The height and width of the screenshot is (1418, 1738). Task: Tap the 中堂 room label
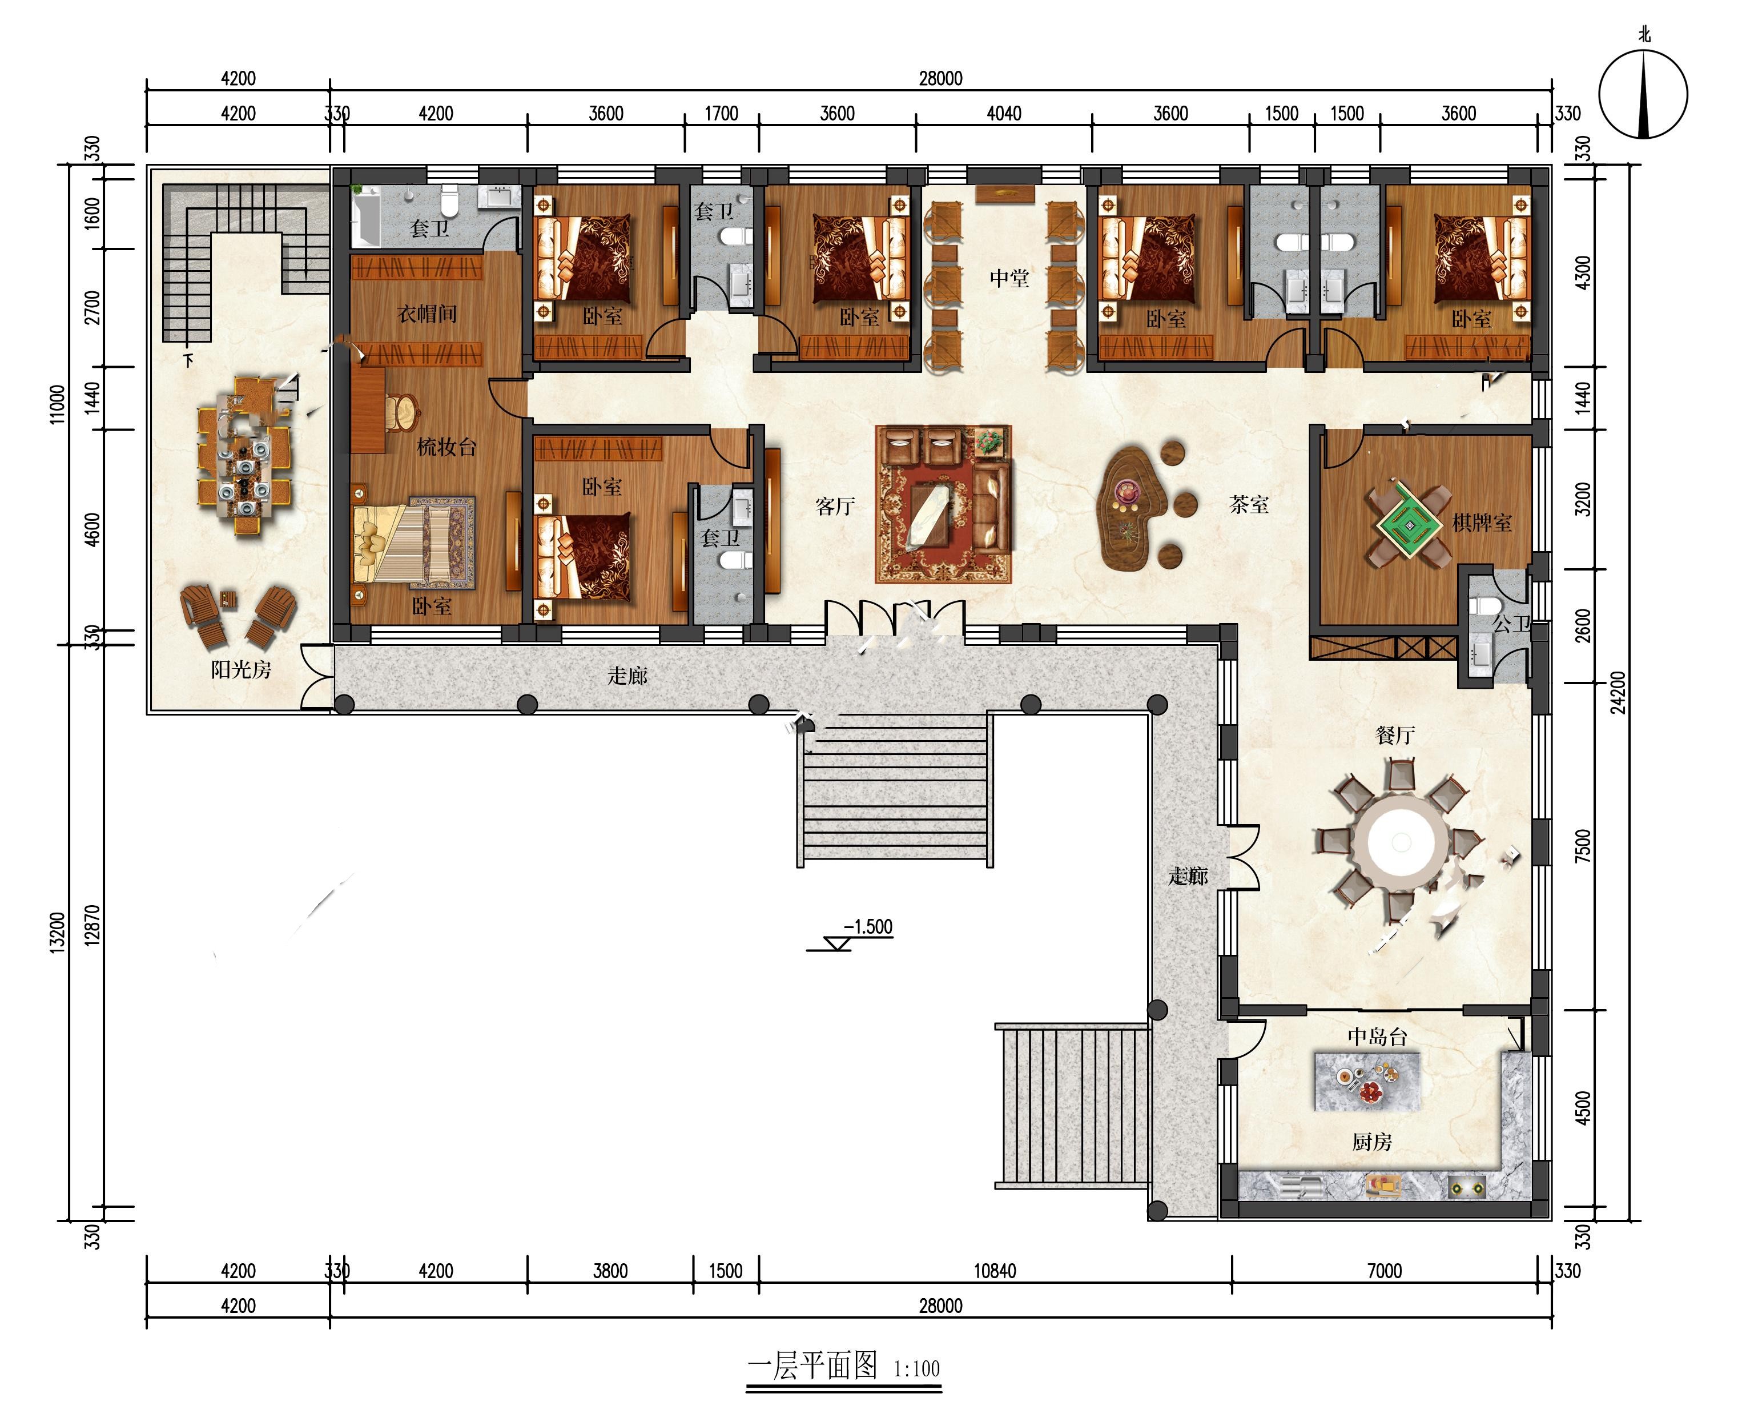1009,279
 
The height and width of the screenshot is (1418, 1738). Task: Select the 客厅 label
835,507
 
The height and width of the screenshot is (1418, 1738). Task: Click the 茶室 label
1249,505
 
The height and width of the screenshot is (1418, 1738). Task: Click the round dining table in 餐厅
1401,841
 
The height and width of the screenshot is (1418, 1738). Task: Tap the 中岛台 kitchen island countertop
1366,1080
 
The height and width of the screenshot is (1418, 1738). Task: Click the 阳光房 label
240,670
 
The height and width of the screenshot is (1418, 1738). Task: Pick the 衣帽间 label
427,314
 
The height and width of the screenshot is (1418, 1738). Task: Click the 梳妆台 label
446,447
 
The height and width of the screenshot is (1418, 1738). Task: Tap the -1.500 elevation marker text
868,926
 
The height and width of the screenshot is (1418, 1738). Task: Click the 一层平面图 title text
812,1365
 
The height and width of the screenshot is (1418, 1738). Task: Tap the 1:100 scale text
917,1368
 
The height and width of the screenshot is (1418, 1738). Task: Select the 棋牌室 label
1482,523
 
